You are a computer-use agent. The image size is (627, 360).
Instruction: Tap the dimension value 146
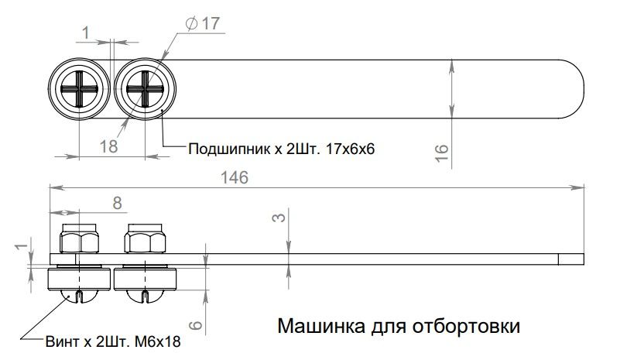click(233, 177)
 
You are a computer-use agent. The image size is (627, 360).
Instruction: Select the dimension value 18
click(108, 146)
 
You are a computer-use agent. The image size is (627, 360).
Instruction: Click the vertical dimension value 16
click(441, 152)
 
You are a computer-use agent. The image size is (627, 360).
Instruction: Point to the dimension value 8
click(117, 202)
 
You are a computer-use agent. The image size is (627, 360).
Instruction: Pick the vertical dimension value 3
click(280, 217)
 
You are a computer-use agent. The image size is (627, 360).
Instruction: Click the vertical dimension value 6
click(196, 327)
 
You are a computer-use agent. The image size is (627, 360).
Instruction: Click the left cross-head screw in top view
click(81, 90)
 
